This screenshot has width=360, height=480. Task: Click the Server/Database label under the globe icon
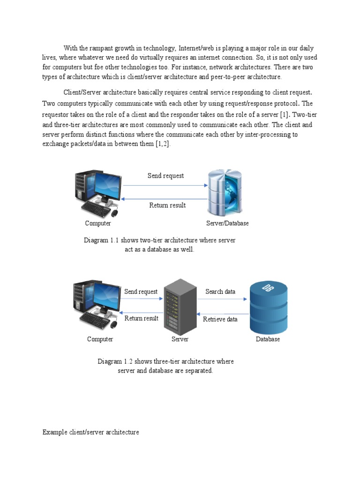coord(227,223)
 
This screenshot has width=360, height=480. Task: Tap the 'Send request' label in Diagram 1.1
coord(165,176)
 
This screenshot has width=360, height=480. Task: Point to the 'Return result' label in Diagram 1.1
coord(167,205)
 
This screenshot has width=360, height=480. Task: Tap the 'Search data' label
coord(220,292)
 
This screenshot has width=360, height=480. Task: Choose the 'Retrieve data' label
coord(220,319)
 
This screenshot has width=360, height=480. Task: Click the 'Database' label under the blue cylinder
coord(268,339)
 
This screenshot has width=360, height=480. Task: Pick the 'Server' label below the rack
coord(180,339)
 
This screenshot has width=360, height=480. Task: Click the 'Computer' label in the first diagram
coord(98,223)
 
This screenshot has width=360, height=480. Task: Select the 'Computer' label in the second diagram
coord(100,339)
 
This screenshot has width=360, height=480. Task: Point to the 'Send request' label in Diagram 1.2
coord(141,292)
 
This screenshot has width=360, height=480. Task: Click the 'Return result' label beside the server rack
coord(141,318)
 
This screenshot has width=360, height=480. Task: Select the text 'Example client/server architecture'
coord(90,432)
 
